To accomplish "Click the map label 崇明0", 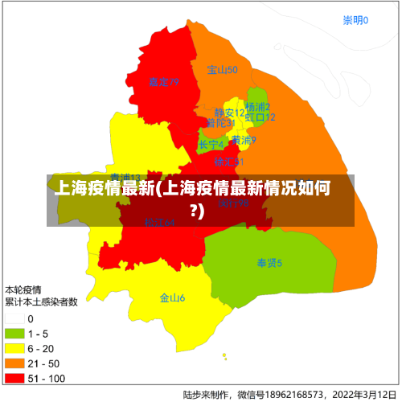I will point(355,21).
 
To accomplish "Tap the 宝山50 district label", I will point(222,70).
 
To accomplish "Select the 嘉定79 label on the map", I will point(163,82).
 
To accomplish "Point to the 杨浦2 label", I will point(257,107).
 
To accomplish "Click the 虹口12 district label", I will point(260,117).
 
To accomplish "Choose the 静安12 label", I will point(229,113).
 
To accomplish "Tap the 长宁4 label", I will point(211,145).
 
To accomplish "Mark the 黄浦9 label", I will point(244,140).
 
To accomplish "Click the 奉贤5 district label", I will point(269,263).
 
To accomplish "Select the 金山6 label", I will point(172,297).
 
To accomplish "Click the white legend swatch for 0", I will point(14,319).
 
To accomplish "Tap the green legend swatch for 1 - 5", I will point(14,334).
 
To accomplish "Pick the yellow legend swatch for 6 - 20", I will point(14,348).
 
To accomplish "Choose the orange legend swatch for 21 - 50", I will point(14,363).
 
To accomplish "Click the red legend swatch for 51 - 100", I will point(14,377).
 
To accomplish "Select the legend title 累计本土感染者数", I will point(41,302).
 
